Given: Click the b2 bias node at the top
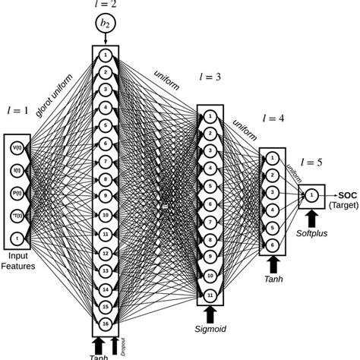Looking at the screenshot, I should (104, 25).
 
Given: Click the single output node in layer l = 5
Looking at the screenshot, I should (311, 196).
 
